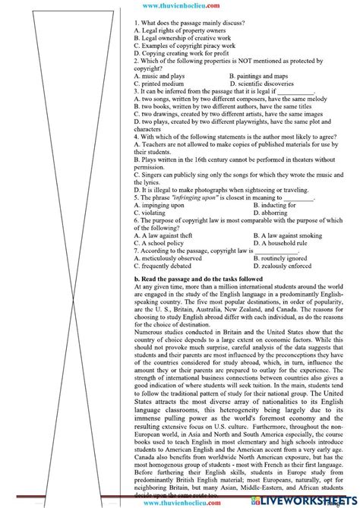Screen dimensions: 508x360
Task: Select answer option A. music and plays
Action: pyautogui.click(x=159, y=77)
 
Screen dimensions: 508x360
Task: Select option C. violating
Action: pyautogui.click(x=152, y=213)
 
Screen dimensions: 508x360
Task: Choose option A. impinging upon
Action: pyautogui.click(x=159, y=205)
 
